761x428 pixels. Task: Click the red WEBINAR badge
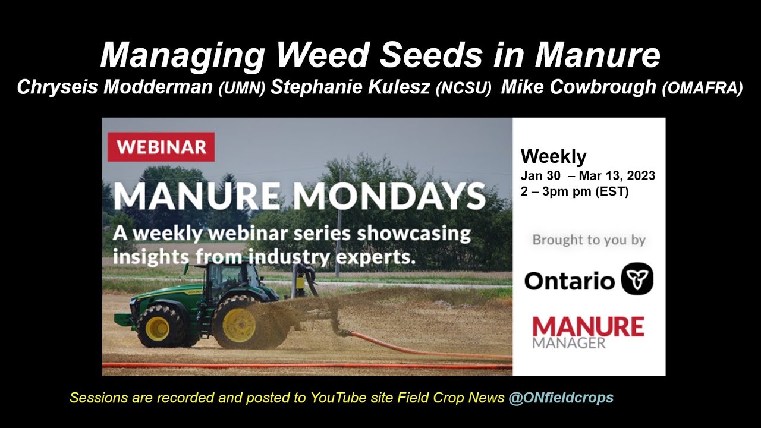coord(161,147)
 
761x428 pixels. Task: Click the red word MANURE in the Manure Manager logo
coord(587,327)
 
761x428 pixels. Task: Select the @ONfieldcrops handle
coord(561,398)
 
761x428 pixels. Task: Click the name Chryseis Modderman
coord(116,87)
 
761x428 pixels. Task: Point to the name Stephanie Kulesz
coord(351,87)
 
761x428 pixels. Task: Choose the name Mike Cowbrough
coord(578,87)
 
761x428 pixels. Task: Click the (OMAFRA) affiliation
coord(702,89)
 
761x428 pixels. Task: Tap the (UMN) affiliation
coord(241,89)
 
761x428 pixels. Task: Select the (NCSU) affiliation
coord(464,89)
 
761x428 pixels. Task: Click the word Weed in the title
coord(325,56)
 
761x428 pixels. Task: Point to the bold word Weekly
coord(554,156)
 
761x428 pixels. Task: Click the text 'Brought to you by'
coord(589,240)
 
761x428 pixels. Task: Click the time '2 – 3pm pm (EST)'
coord(574,192)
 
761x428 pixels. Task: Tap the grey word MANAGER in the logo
coord(569,343)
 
